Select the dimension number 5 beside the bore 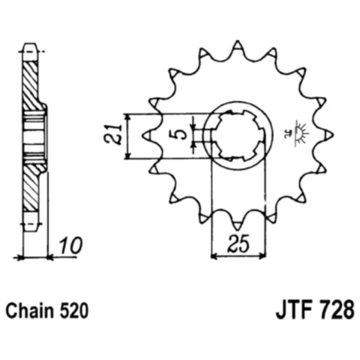[x=181, y=132]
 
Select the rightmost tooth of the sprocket [x=329, y=136]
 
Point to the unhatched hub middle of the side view [x=33, y=135]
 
